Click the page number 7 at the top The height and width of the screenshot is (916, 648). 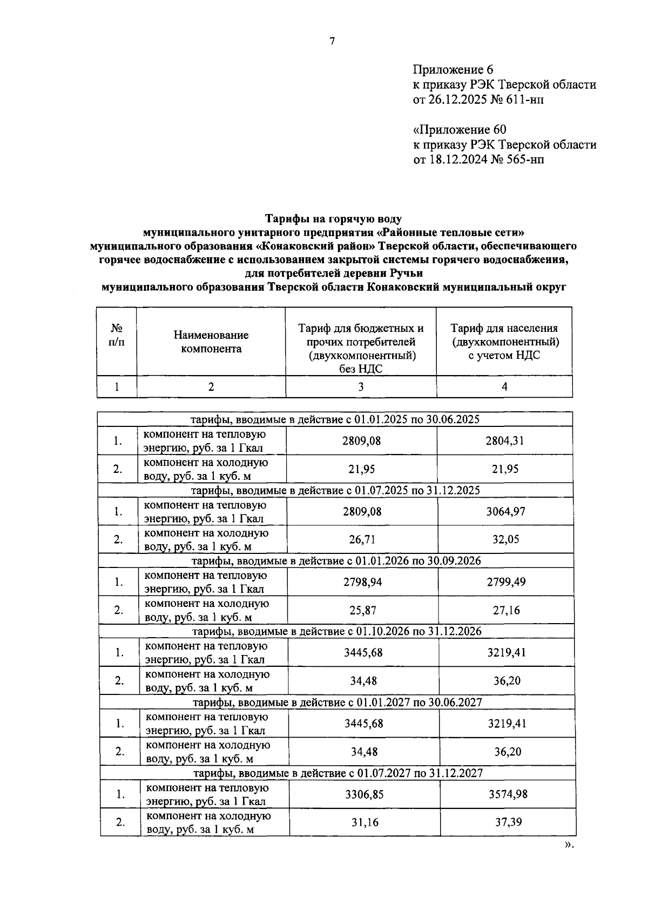(332, 41)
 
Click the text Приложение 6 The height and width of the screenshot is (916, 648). (453, 70)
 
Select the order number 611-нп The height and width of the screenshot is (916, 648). (526, 100)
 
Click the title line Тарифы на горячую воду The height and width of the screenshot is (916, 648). (333, 219)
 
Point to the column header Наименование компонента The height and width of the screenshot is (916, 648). (211, 342)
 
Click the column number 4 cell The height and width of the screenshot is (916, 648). (504, 386)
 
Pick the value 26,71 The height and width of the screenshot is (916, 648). (362, 539)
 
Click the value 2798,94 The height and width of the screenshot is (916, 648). (362, 582)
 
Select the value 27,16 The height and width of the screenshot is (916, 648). (507, 610)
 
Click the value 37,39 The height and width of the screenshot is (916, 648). (508, 823)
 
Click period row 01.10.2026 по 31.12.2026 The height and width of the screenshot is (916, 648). (337, 631)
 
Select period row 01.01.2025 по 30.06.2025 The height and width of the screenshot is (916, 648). (335, 419)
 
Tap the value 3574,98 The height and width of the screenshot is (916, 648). (508, 794)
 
